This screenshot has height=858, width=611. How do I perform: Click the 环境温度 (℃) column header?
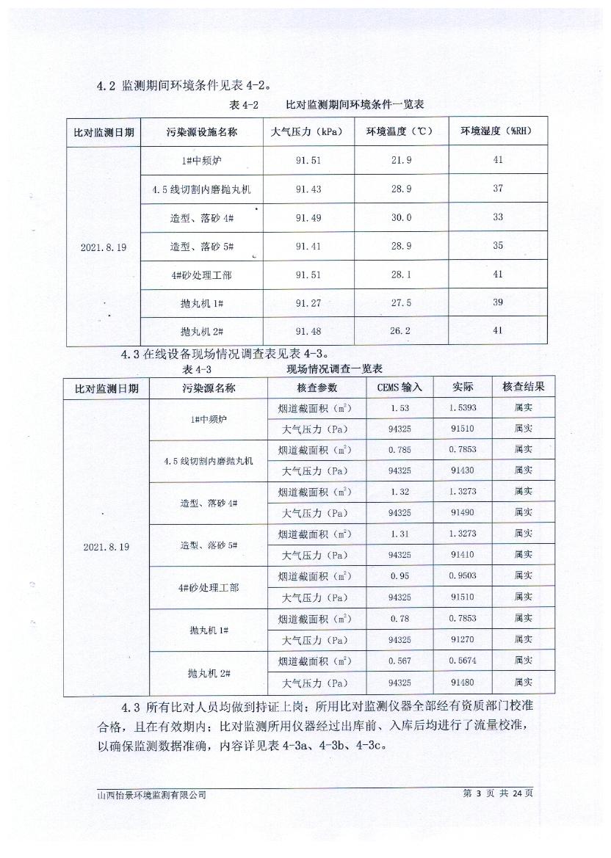pos(401,132)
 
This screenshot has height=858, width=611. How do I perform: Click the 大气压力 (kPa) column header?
pos(308,132)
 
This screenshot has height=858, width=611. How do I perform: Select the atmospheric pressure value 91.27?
pos(308,302)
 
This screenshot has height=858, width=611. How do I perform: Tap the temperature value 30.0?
pos(401,217)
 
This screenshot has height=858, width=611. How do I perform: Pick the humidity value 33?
pos(498,217)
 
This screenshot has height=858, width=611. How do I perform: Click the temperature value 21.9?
pos(401,160)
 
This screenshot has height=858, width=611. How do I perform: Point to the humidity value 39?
pos(498,302)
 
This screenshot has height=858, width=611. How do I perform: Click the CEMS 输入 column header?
pos(399,388)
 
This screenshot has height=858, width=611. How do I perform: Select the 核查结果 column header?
pos(523,387)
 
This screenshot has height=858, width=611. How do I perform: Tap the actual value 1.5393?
pos(463,407)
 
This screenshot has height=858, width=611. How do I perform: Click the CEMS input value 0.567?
pos(399,662)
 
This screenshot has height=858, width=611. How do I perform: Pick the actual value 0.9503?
pos(463,577)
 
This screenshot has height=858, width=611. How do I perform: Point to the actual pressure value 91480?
pos(463,683)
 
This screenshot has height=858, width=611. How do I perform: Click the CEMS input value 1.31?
pos(399,534)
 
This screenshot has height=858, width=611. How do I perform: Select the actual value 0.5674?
pos(463,662)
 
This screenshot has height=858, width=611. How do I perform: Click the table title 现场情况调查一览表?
pos(334,368)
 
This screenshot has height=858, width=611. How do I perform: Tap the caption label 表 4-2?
pos(244,105)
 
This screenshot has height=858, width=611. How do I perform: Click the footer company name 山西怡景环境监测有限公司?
pos(152,794)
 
